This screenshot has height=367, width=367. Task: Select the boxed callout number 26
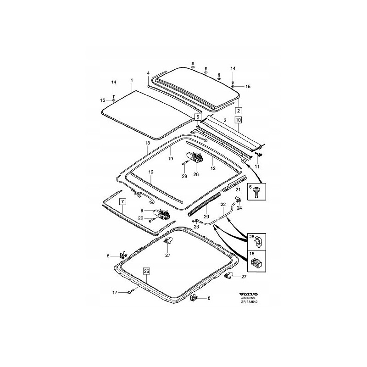pyautogui.click(x=146, y=271)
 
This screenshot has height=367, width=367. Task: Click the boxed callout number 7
pyautogui.click(x=122, y=202)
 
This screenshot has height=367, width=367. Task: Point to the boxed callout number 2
pyautogui.click(x=239, y=111)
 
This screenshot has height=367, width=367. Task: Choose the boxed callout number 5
pyautogui.click(x=198, y=117)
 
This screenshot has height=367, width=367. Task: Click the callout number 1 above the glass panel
pyautogui.click(x=132, y=80)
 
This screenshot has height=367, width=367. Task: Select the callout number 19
pyautogui.click(x=170, y=158)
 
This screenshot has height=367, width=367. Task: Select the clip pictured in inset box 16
pyautogui.click(x=257, y=263)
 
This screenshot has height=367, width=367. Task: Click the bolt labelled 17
pyautogui.click(x=131, y=292)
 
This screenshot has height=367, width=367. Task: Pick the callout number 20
pyautogui.click(x=206, y=216)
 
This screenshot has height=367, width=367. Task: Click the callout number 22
pyautogui.click(x=223, y=204)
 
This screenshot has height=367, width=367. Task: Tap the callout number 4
pyautogui.click(x=148, y=73)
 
